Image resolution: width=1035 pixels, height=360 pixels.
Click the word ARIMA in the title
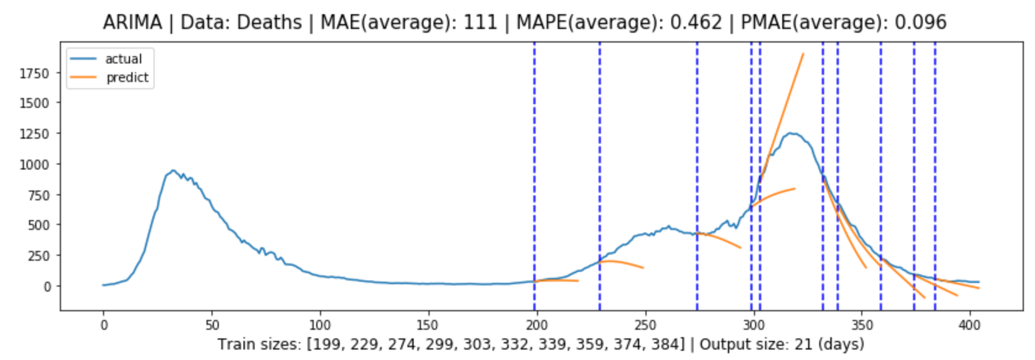(x=132, y=23)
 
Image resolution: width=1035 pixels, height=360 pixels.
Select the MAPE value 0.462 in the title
(x=695, y=23)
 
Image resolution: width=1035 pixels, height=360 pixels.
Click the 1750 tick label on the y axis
(x=34, y=73)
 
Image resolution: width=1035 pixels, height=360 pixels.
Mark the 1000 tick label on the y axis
(x=34, y=165)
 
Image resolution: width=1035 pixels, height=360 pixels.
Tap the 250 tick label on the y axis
(x=38, y=256)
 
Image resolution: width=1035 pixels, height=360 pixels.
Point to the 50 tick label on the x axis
(x=211, y=325)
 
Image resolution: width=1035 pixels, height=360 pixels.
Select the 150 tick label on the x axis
(x=428, y=325)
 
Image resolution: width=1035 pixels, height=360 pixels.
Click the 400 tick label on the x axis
(x=970, y=325)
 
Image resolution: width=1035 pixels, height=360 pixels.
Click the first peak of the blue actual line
(x=174, y=171)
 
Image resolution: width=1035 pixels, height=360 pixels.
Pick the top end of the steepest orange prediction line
(x=803, y=54)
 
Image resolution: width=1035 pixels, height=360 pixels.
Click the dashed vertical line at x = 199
(x=534, y=185)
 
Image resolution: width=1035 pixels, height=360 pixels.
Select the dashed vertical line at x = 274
(x=697, y=185)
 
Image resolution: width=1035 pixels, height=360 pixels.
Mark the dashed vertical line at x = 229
(x=600, y=185)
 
